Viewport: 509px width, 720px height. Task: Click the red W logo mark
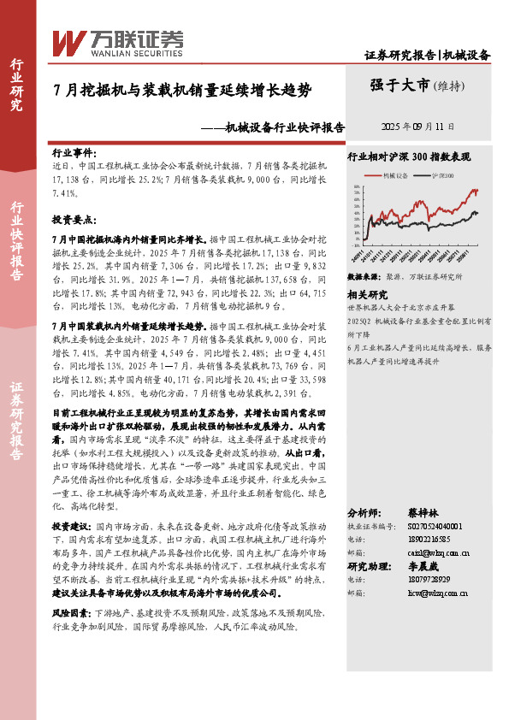pyautogui.click(x=68, y=41)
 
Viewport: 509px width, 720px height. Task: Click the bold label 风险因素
pyautogui.click(x=71, y=614)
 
